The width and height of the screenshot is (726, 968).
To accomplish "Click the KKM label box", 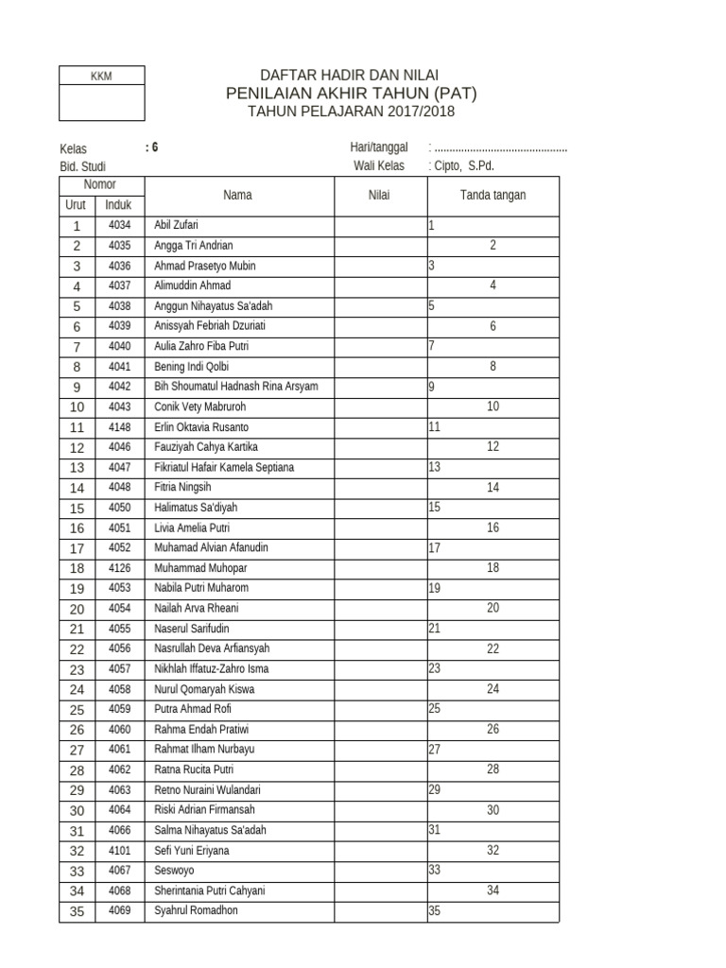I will tap(101, 76).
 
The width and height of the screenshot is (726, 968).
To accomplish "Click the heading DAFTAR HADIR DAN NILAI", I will tap(350, 75).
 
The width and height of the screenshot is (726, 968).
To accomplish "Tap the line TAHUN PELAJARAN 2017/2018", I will tap(351, 112).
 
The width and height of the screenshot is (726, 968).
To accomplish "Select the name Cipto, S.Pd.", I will tap(463, 165).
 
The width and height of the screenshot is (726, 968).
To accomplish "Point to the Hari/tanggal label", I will tap(378, 147).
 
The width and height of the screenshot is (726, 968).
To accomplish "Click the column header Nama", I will tap(237, 196).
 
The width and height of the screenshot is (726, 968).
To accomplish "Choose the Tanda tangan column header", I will tap(493, 196).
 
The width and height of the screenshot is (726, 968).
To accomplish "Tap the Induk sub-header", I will tap(118, 205).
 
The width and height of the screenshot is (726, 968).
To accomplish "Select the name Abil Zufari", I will tap(177, 226).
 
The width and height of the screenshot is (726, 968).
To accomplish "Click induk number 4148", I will tap(119, 427).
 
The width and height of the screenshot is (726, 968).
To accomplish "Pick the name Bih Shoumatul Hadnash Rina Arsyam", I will tap(236, 387).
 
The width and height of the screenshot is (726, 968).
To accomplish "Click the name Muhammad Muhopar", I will tap(194, 568).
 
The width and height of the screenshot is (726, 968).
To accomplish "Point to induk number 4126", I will tap(119, 568).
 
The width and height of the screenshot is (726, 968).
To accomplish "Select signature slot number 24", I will tap(493, 689).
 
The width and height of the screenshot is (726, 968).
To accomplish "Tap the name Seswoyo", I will tap(173, 871).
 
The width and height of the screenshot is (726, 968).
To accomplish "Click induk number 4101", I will tap(119, 851).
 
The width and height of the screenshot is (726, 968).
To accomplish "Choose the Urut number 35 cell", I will tap(77, 911).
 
